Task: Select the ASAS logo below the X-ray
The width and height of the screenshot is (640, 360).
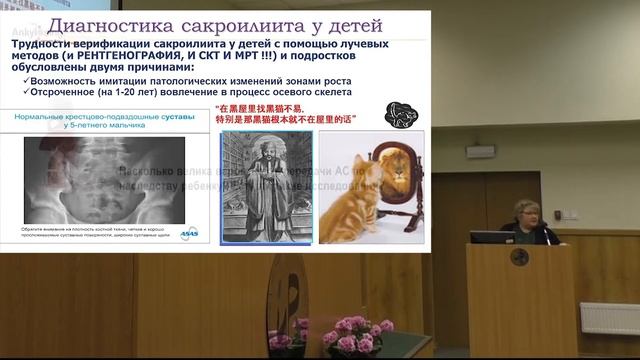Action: coord(190,233)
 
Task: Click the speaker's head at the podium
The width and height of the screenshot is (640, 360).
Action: coord(528,213)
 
